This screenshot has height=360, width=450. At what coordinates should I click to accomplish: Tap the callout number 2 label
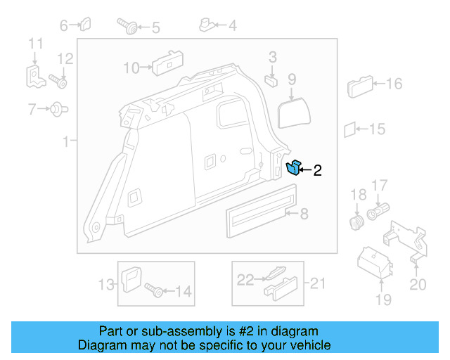pos(317,169)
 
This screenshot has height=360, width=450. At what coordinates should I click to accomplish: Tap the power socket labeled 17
pos(378,212)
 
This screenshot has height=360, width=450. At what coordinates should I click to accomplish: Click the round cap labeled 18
pos(356,224)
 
